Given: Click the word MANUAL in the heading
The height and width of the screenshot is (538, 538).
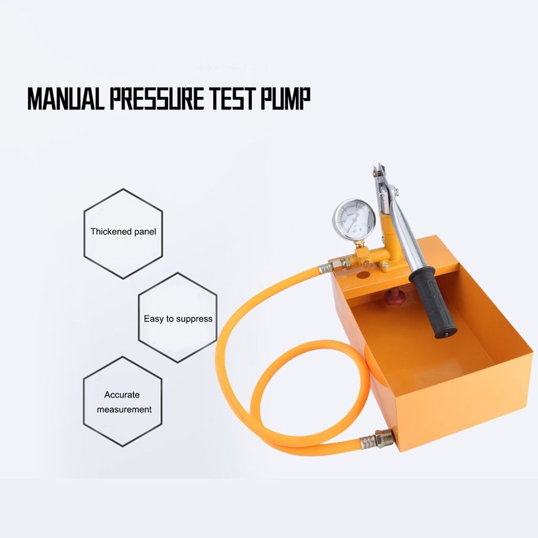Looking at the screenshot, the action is pos(66,99).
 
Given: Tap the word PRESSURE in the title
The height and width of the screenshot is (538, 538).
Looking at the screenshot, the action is pos(157,99).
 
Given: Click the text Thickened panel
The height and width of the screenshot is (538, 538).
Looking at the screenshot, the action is pos(123,232).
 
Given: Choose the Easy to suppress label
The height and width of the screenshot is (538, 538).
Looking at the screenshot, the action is pos(178,319).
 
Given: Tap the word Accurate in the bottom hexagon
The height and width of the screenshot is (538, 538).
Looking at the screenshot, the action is pos(122,395).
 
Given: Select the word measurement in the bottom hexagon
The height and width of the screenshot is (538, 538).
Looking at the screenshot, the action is pos(124,410).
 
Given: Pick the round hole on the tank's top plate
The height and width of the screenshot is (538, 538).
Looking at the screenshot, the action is pos(361,275).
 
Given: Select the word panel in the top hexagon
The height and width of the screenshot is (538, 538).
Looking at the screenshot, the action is pos(145,232).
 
